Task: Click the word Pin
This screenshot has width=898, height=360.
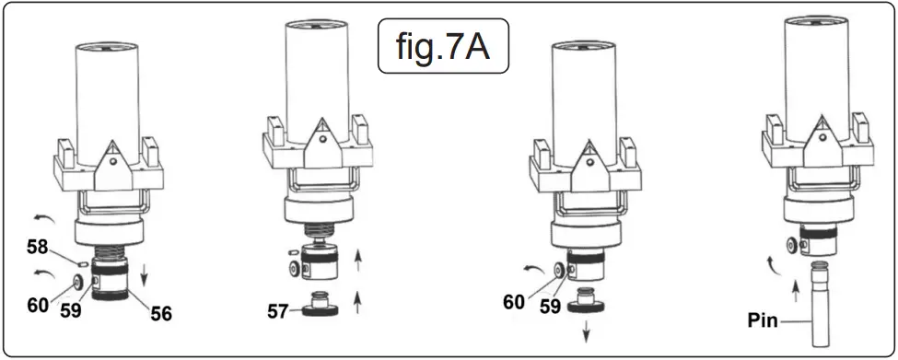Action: (764, 322)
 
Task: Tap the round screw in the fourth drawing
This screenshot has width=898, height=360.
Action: (793, 245)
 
